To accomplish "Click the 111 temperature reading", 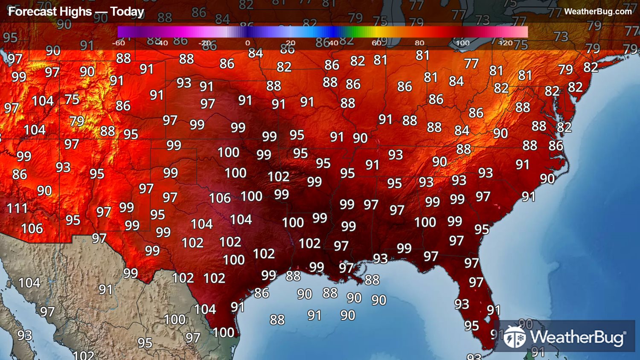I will [x=17, y=208].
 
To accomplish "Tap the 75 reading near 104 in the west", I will [x=72, y=99].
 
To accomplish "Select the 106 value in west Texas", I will [x=220, y=198].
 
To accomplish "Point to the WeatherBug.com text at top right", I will [x=598, y=12].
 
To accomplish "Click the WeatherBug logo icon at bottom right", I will [x=515, y=337].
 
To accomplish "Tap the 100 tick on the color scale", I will [x=463, y=43].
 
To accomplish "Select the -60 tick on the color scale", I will [x=119, y=43].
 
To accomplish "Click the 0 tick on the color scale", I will [x=247, y=43].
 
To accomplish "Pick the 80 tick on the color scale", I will [x=419, y=43].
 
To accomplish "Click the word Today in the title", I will [x=127, y=12].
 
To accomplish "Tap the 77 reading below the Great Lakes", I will [x=471, y=64].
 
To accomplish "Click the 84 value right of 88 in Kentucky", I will [x=462, y=130].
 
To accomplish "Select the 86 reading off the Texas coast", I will [x=262, y=293].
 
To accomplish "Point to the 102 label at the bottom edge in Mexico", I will [x=84, y=355].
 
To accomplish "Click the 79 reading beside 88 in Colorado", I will [x=77, y=121].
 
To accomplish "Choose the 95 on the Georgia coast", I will [x=482, y=229].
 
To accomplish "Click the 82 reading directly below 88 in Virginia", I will [x=564, y=127].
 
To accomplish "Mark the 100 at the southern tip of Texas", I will [x=224, y=332].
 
